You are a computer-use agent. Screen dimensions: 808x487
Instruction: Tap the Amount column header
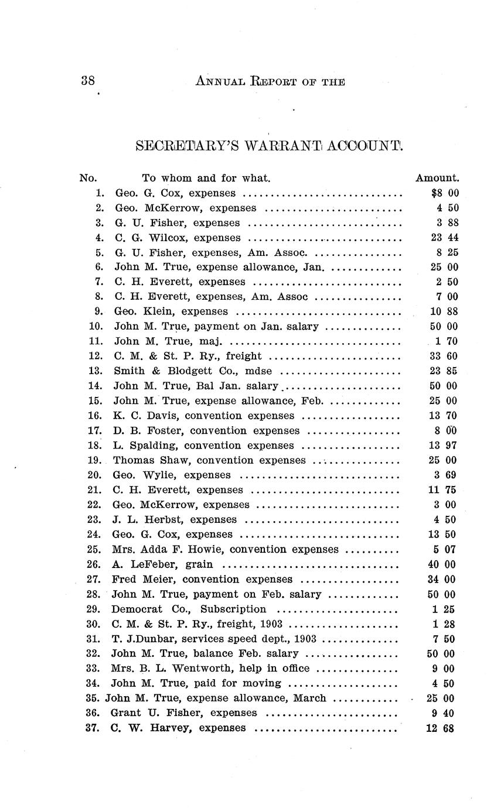click(x=437, y=178)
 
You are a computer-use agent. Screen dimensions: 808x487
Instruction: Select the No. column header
click(x=88, y=178)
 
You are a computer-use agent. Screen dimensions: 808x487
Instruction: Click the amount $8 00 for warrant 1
click(x=445, y=193)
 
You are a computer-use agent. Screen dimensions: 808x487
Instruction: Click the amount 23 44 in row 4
click(x=445, y=238)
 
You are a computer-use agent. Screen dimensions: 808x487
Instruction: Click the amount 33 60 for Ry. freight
click(x=445, y=356)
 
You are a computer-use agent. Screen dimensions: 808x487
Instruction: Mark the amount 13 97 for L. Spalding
click(x=445, y=446)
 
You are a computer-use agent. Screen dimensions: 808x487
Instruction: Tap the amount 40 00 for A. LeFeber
click(x=445, y=564)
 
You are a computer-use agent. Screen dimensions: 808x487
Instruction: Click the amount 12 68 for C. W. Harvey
click(x=445, y=728)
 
